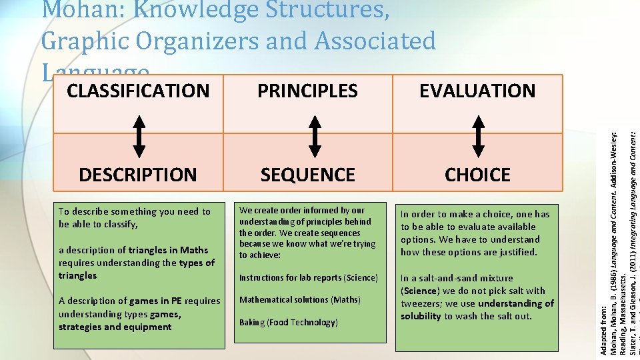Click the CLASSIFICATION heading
point(138,91)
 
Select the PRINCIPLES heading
point(307,91)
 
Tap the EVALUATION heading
point(477,91)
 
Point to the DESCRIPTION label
point(138,175)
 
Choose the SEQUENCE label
point(307,175)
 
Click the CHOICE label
point(477,175)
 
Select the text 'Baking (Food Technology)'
point(289,323)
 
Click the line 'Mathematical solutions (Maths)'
point(299,300)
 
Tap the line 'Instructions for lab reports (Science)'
point(309,277)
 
